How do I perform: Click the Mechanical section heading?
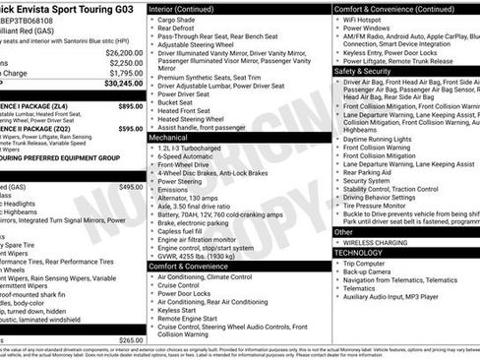coord(168,139)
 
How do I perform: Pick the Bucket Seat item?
coord(178,101)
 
